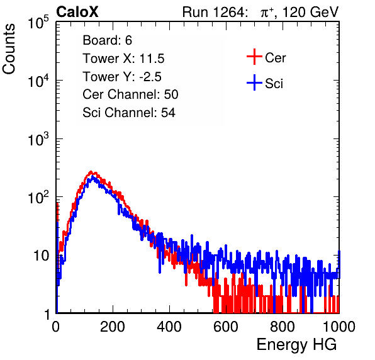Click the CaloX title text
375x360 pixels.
[x=77, y=12]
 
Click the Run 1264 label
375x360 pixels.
[x=213, y=12]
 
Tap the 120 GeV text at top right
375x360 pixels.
[x=310, y=12]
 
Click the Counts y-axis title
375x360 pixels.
[x=9, y=49]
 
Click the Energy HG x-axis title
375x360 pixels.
[x=296, y=345]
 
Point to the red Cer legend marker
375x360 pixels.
[x=254, y=57]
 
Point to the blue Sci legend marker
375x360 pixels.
[x=254, y=83]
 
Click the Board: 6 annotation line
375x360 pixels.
[x=107, y=40]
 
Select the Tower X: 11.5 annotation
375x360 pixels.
[x=123, y=59]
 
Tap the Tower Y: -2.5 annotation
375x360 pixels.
[x=122, y=77]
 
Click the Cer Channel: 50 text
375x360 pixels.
[x=130, y=94]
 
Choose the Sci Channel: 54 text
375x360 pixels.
[x=129, y=113]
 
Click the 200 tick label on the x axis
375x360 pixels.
[x=113, y=327]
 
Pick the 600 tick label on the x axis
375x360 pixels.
[x=226, y=327]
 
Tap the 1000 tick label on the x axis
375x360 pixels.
[x=339, y=327]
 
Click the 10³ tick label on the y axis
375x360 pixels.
[x=38, y=139]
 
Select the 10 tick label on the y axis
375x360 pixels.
[x=42, y=256]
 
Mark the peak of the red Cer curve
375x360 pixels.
[x=91, y=172]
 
